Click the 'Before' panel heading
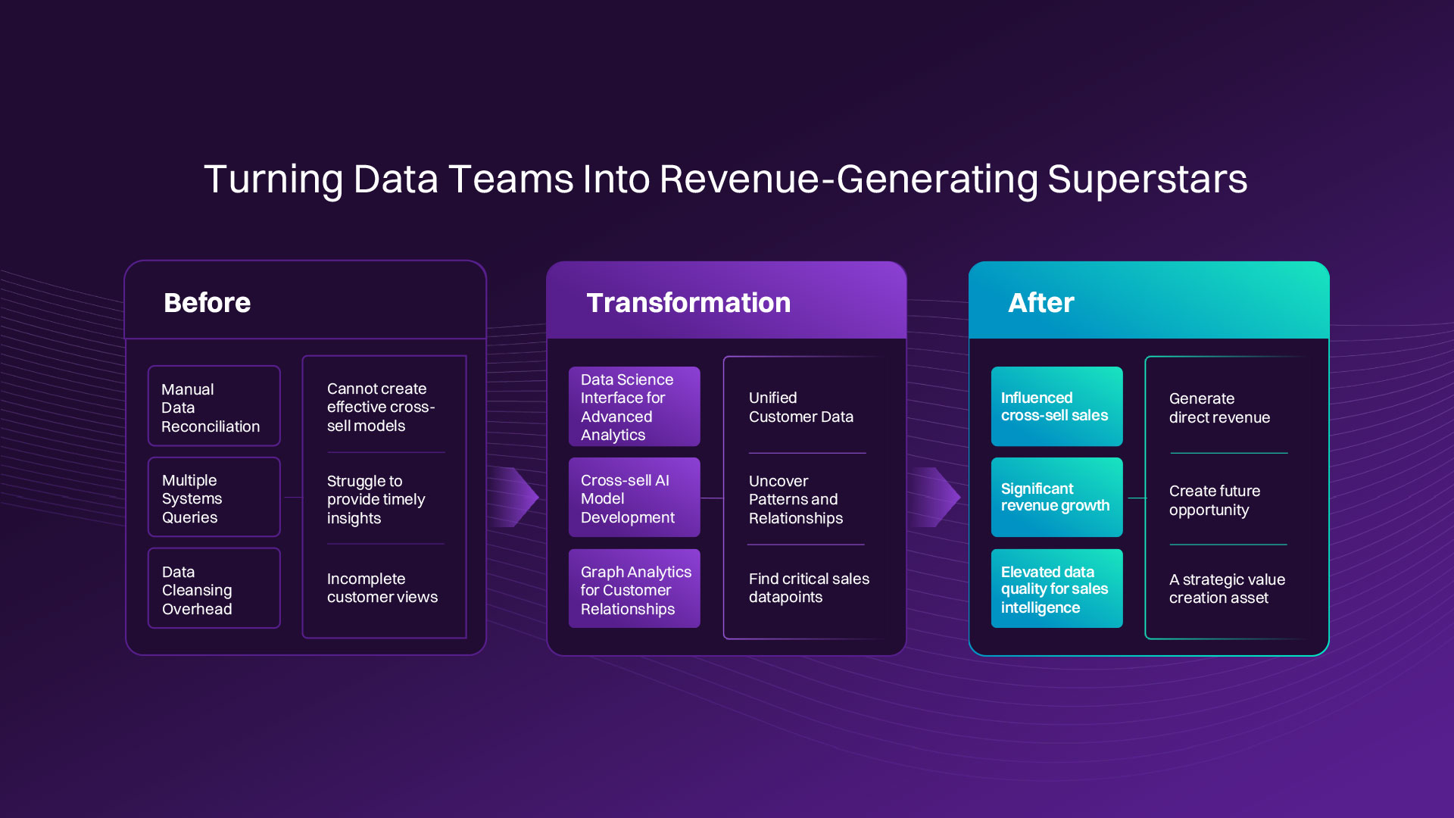(207, 303)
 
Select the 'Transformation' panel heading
(688, 303)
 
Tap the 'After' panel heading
(1041, 303)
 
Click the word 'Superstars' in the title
(1147, 180)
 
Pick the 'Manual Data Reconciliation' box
(214, 407)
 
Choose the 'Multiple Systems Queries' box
(214, 498)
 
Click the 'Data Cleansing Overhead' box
(214, 589)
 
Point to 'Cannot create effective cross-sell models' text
(380, 407)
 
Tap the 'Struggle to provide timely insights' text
(376, 499)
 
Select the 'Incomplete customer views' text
(382, 588)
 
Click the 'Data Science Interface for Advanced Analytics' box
(634, 407)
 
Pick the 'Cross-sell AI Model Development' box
(634, 498)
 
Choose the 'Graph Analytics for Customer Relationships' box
(634, 589)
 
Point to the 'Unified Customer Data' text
(800, 407)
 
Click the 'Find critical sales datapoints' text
(808, 588)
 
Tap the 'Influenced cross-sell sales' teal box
(1056, 407)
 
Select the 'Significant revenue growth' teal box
(1056, 498)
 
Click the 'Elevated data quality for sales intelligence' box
(1056, 589)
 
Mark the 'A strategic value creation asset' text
(1226, 589)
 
